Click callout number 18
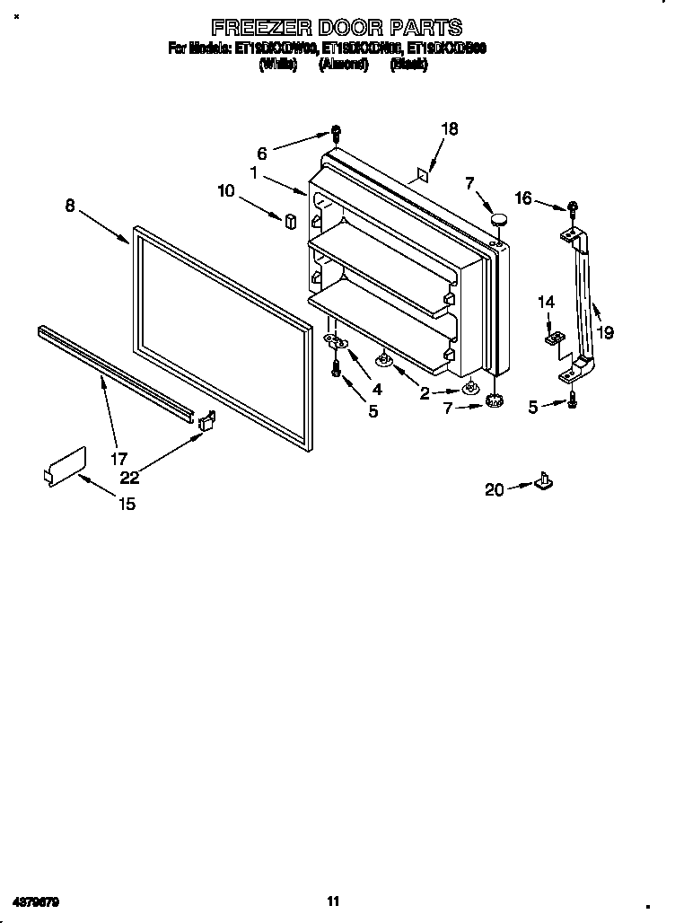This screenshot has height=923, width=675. point(449,129)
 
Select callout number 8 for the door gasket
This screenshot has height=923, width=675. point(70,206)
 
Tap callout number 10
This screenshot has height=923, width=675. point(225,190)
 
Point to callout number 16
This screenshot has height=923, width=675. point(523,198)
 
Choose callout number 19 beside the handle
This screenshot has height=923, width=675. point(606,332)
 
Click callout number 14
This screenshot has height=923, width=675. point(547,303)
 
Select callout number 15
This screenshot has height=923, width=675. point(127,504)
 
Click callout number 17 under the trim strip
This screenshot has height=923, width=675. point(118,458)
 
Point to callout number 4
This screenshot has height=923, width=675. point(376,389)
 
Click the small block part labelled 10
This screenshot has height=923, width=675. point(290,221)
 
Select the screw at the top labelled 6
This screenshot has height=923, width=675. point(335,133)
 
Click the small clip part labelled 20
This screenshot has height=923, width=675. point(543,482)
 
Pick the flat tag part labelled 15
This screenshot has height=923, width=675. point(65,465)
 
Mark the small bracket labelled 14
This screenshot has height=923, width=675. point(554,338)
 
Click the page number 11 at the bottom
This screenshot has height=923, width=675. point(332,901)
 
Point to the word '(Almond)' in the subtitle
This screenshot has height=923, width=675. point(343,66)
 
